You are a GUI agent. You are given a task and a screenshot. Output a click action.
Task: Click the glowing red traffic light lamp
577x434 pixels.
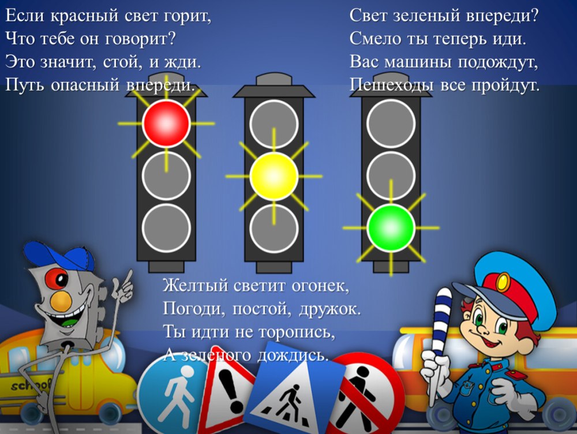(166, 124)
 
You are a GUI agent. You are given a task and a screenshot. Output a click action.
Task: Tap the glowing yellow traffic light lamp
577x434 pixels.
(273, 177)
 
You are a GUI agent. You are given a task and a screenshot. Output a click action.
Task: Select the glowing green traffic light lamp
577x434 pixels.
(391, 228)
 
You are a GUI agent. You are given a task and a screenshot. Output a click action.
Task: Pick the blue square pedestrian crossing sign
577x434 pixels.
(293, 392)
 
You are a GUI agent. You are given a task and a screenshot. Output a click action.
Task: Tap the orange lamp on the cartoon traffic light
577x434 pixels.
(61, 301)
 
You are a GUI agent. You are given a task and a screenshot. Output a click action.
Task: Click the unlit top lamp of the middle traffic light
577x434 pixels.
(273, 124)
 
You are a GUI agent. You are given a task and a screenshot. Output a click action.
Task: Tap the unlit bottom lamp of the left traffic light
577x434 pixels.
(166, 228)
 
